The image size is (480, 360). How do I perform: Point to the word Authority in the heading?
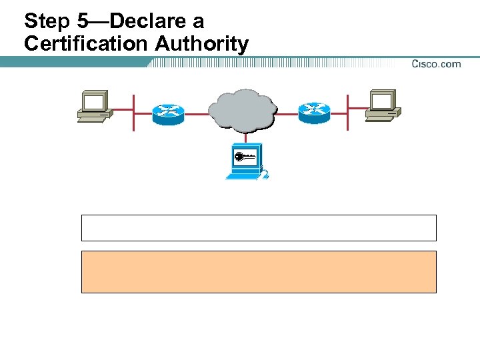(203, 44)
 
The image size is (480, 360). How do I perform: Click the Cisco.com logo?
(435, 64)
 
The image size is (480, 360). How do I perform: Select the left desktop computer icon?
(94, 107)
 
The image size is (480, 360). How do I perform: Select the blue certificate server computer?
(245, 162)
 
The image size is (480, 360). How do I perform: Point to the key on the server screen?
(243, 157)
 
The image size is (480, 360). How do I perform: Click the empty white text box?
(259, 227)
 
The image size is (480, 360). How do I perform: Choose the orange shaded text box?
(259, 272)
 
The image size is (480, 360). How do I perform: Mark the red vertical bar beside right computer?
(347, 112)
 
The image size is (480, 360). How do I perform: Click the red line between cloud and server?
(245, 137)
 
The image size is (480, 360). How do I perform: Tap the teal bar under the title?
(73, 61)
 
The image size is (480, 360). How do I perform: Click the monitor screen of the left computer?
(94, 102)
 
